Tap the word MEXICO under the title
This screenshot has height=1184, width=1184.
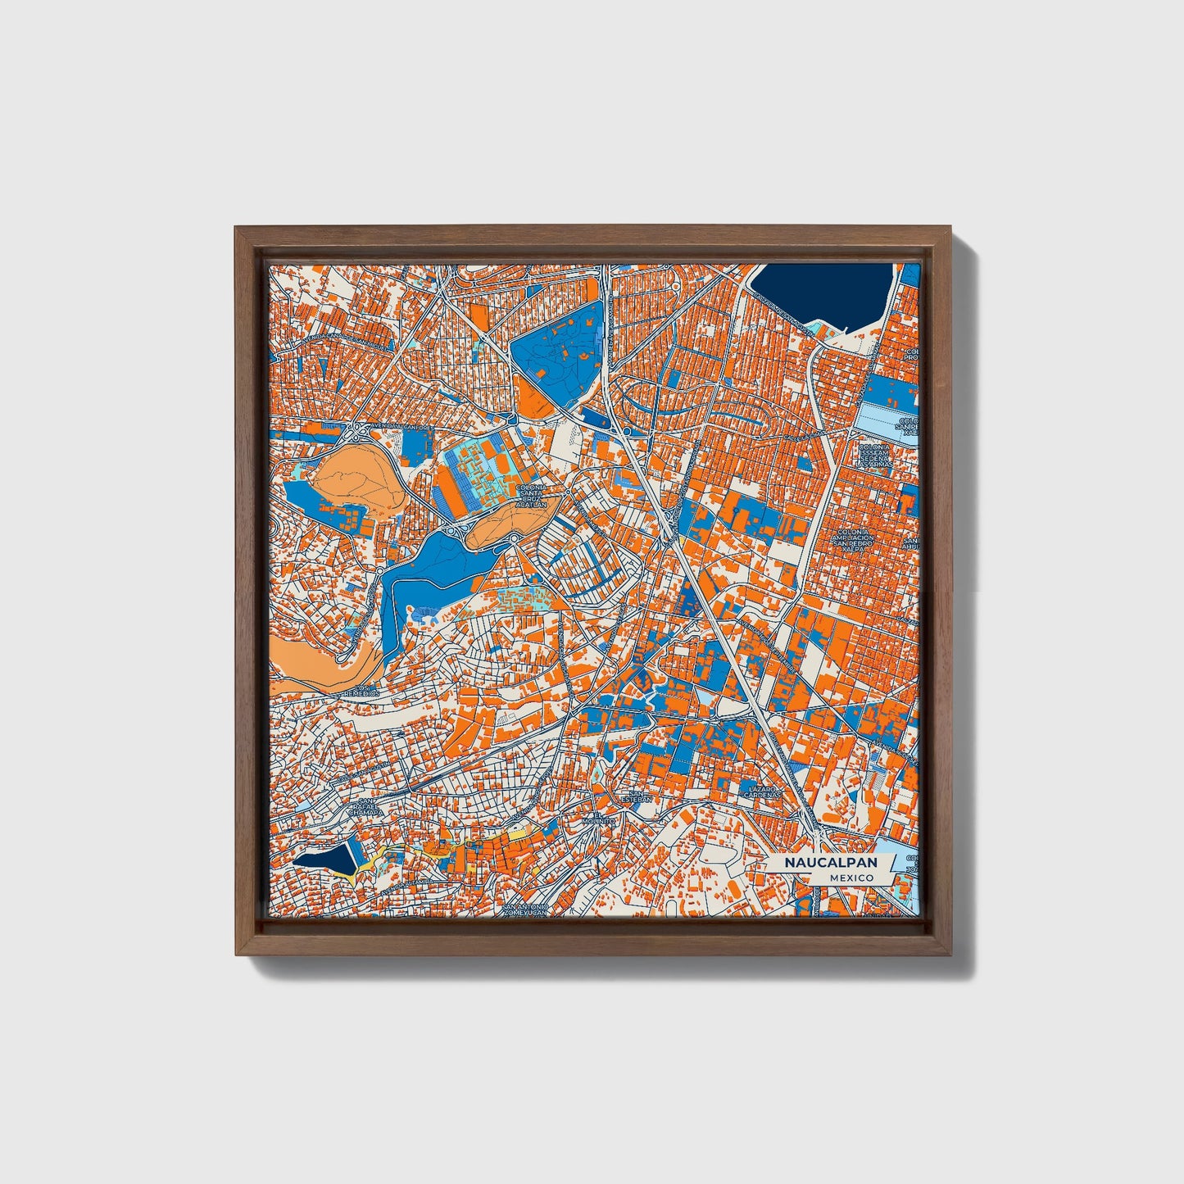pos(851,878)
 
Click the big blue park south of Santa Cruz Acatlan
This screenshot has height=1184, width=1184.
pos(434,574)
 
